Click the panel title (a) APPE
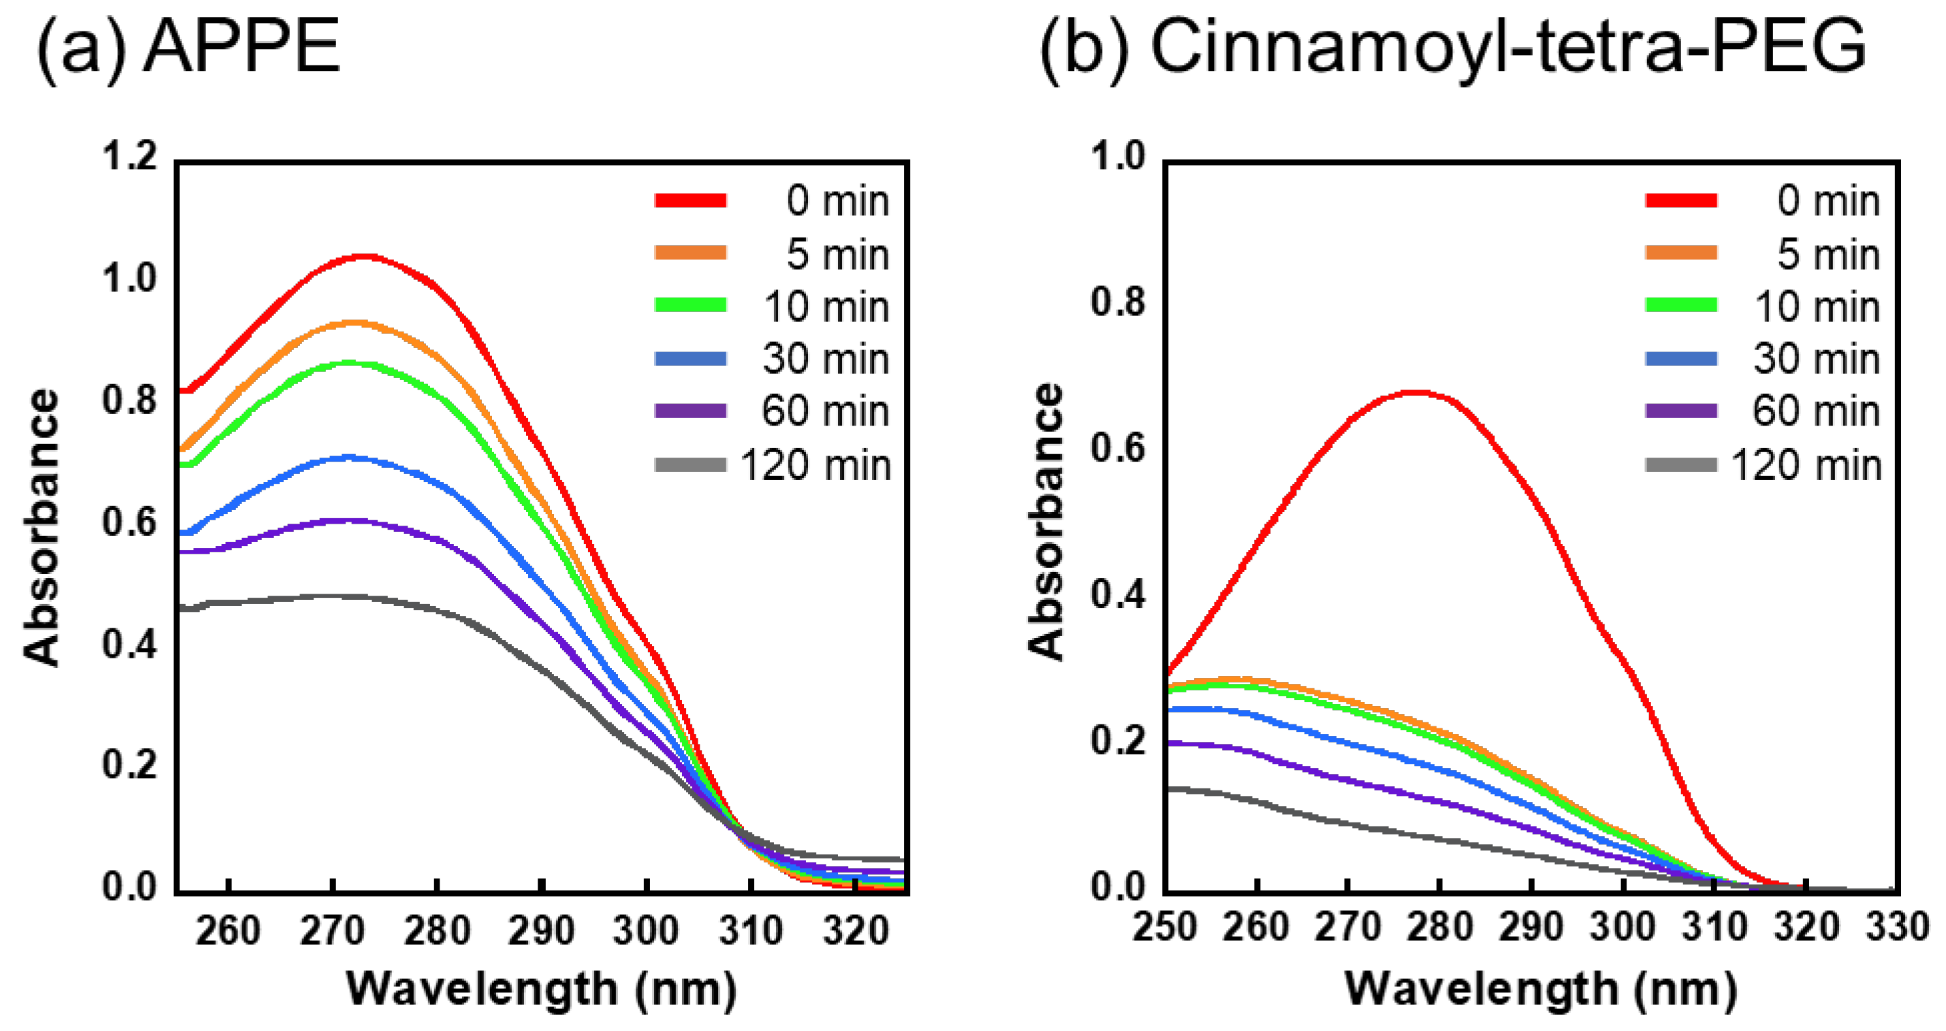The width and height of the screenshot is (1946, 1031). coord(189,47)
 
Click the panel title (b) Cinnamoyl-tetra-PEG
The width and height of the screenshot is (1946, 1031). coord(1452,47)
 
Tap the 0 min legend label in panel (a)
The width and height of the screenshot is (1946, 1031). coord(837,201)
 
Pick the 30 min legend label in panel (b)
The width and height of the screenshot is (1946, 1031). coord(1816,359)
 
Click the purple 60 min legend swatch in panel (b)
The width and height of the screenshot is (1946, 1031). coord(1681,411)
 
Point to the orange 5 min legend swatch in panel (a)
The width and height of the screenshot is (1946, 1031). coord(690,253)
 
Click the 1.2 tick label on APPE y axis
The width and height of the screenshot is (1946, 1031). coord(129,157)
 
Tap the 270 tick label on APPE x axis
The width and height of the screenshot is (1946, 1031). coord(332,930)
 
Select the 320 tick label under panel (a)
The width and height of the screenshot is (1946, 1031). coord(855,930)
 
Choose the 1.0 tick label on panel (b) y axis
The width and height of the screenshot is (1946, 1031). coord(1118,157)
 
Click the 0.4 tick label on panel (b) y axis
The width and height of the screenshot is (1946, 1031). coord(1118,595)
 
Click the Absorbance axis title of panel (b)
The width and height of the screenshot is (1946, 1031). coord(1047,522)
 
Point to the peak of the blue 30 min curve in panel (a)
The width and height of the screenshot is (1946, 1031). coord(349,457)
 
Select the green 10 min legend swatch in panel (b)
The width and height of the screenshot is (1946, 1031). coord(1681,305)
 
